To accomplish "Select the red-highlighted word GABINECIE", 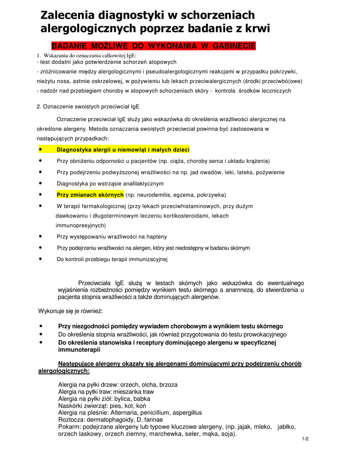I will [x=232, y=46].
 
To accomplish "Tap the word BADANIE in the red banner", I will [x=70, y=46].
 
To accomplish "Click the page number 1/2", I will [x=305, y=439].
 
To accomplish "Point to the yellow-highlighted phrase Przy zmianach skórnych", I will [x=90, y=195].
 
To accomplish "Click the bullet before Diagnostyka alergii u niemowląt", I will [x=41, y=150].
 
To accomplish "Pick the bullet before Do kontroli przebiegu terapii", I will [x=41, y=259].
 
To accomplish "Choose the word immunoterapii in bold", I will [x=79, y=350].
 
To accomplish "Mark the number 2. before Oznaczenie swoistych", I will [x=39, y=106].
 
